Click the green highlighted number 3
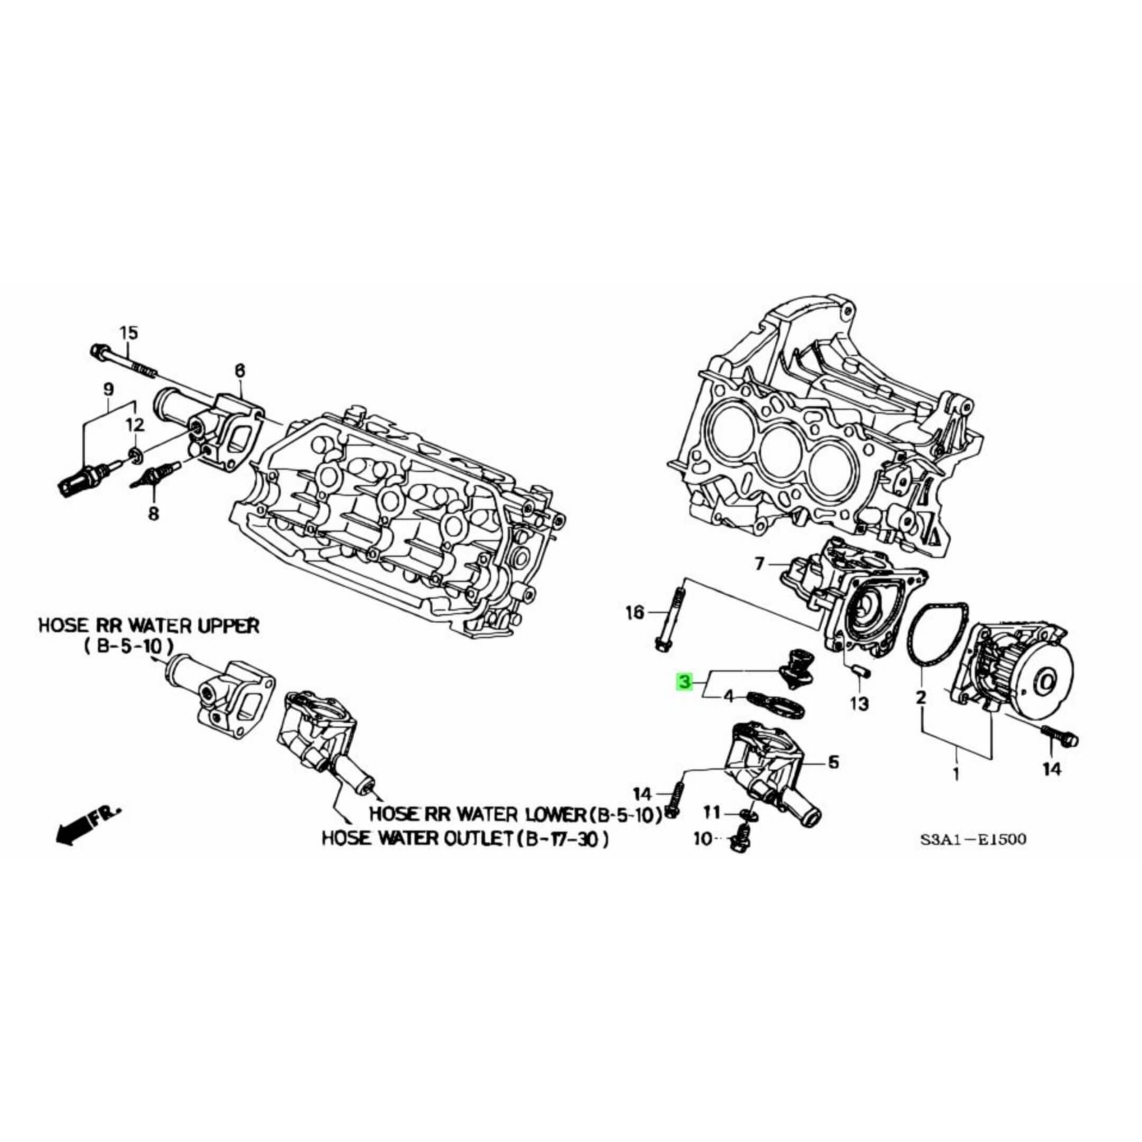(684, 683)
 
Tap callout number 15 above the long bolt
(128, 333)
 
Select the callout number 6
(240, 371)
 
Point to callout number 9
(108, 389)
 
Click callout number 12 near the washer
(135, 425)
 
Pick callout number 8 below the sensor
(153, 514)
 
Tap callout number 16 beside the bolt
(634, 613)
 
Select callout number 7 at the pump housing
(760, 564)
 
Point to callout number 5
(833, 762)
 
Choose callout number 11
(712, 813)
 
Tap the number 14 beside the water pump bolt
(1052, 769)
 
